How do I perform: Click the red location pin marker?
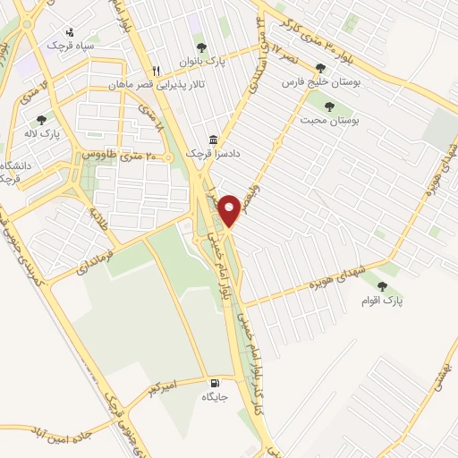(229, 208)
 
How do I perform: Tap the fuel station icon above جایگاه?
(211, 381)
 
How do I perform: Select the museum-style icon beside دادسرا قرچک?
(213, 140)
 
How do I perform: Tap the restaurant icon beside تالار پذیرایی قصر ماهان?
(156, 71)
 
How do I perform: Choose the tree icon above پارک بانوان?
(199, 47)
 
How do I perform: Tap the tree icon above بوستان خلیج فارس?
(319, 67)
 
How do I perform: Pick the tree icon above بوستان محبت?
(330, 106)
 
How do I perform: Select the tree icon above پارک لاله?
(39, 119)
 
